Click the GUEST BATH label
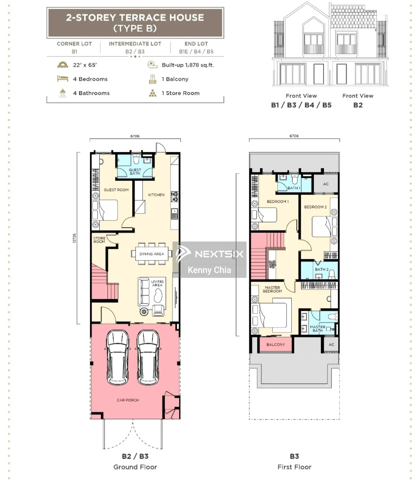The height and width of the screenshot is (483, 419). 135,171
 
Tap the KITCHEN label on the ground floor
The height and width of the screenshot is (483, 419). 156,195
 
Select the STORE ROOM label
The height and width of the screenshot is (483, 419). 99,240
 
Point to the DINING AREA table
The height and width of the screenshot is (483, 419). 152,254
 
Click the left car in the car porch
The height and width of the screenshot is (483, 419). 118,357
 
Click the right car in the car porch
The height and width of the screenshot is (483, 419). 148,357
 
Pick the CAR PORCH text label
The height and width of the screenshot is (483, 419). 128,400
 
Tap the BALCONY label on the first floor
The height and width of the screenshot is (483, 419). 275,345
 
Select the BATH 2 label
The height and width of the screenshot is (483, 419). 321,270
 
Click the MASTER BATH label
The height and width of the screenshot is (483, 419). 318,329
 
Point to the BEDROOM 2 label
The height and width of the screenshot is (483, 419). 315,207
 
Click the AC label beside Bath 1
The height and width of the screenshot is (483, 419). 326,184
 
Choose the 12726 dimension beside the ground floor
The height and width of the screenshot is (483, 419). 74,238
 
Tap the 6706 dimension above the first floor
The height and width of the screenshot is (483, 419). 294,136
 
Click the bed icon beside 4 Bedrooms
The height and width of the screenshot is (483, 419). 62,79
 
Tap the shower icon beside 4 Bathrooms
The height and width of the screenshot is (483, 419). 62,93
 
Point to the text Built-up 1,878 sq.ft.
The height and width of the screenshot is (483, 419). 188,65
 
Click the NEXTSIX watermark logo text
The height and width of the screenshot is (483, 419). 219,254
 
